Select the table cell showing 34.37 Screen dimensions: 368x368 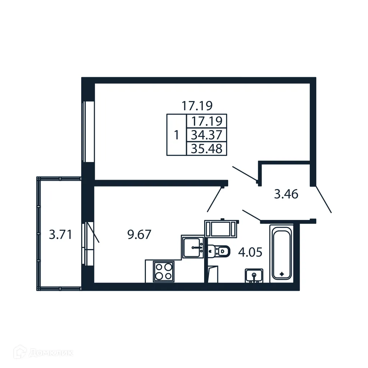207,135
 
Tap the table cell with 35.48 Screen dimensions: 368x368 207,148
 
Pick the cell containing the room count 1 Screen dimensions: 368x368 176,135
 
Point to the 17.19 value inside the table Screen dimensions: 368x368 207,121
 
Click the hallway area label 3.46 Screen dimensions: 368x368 286,195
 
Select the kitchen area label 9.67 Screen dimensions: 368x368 139,235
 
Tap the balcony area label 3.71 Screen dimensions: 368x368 61,235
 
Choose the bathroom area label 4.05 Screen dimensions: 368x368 250,252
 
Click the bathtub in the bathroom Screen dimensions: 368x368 282,252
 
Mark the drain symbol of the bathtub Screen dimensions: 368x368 282,274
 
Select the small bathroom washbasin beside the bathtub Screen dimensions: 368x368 254,276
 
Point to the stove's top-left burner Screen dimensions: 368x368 159,267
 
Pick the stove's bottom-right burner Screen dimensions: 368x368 168,276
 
